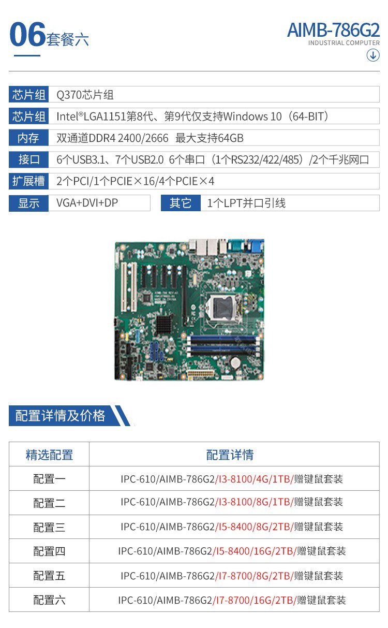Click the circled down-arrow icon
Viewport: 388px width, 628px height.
coord(373,55)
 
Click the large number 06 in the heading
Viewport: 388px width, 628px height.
coord(27,34)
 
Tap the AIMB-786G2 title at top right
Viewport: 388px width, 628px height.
coord(333,30)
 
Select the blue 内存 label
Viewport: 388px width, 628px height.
coord(28,138)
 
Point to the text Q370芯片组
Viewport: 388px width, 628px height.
coord(85,95)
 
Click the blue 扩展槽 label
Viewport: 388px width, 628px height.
coord(28,181)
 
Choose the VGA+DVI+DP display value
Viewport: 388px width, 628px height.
coord(87,203)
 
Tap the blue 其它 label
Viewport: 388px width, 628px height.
coord(181,203)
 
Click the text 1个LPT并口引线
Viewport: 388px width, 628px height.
coord(246,203)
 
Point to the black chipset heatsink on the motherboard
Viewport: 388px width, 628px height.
coord(164,325)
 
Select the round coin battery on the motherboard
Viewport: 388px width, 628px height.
coord(235,363)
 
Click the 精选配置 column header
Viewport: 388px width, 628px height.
coord(49,455)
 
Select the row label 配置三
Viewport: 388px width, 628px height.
coord(49,528)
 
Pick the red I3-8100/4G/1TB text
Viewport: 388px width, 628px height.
coord(254,479)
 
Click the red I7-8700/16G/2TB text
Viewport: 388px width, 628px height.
coord(255,600)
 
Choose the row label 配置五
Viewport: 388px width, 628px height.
coord(49,576)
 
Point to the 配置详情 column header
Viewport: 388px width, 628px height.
coord(230,455)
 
